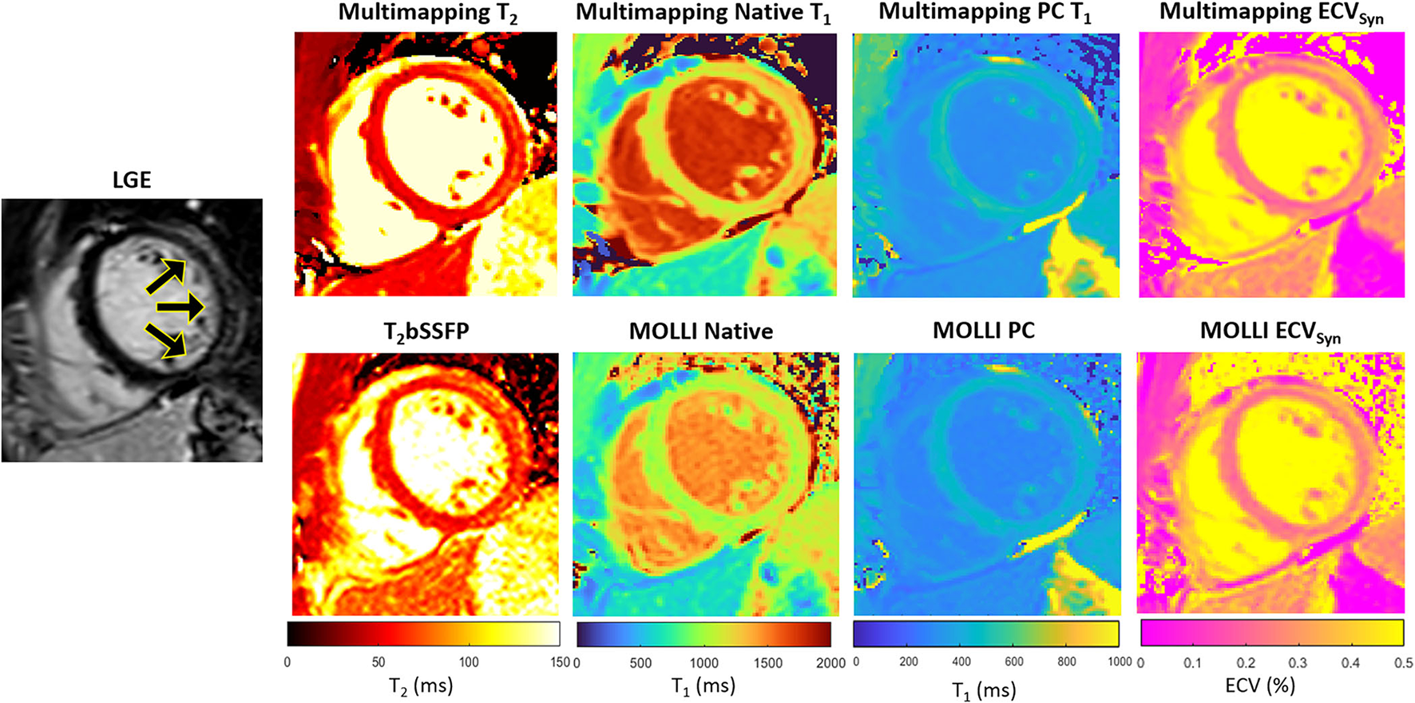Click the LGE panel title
132,180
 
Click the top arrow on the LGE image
165,276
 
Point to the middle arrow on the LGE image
180,307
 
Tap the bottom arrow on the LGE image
165,339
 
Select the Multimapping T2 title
427,14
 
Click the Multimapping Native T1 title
704,14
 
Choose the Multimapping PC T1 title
985,14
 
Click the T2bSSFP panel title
426,332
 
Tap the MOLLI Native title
701,332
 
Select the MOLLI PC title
984,331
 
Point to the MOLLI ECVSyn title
1270,332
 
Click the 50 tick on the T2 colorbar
379,662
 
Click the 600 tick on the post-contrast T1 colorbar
1014,661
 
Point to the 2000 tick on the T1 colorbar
831,662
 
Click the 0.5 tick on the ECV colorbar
1402,662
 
